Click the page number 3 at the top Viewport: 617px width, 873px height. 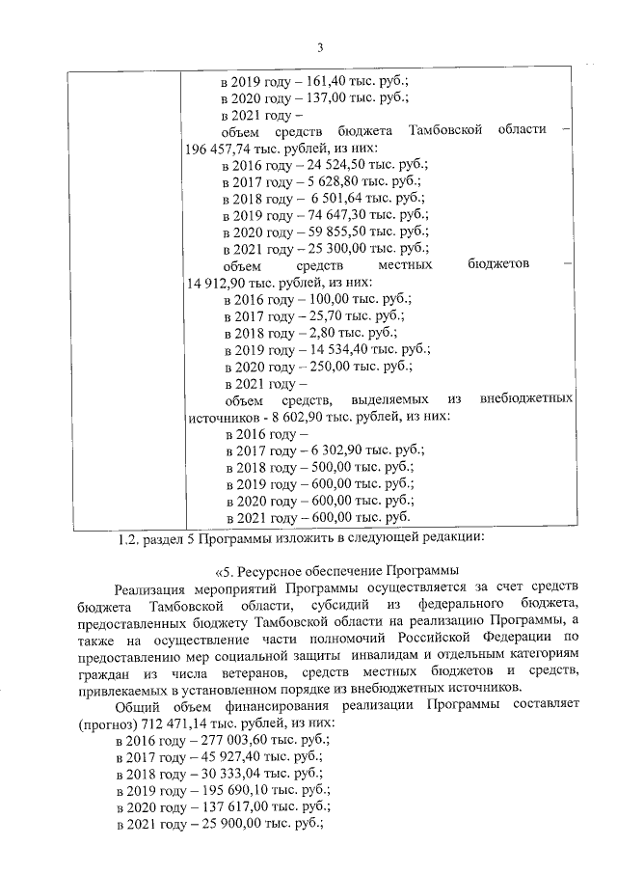tap(319, 49)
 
